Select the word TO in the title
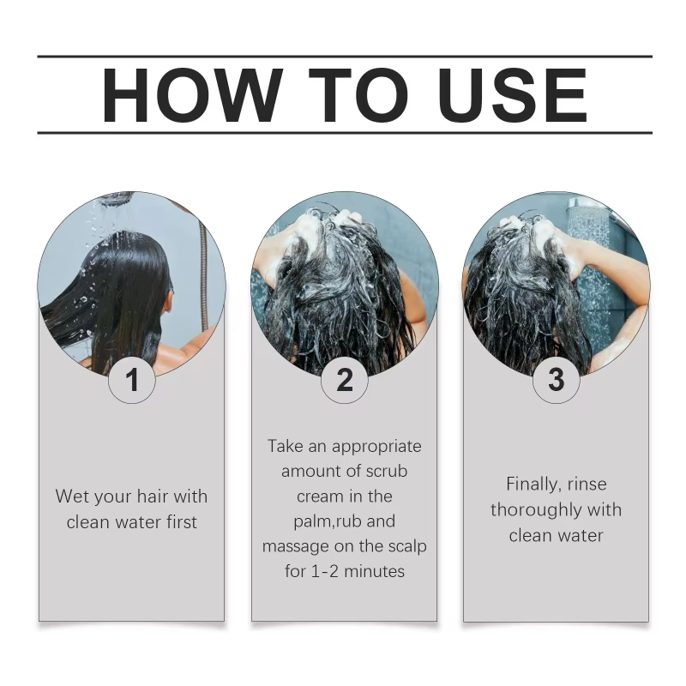tap(358, 95)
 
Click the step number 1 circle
tap(132, 379)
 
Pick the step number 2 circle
tap(345, 379)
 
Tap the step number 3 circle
tap(556, 379)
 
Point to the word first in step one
tap(182, 522)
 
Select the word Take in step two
tap(285, 446)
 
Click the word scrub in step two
tap(387, 471)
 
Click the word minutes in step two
tap(374, 571)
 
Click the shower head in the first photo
tap(116, 197)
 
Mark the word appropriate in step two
tap(376, 447)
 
